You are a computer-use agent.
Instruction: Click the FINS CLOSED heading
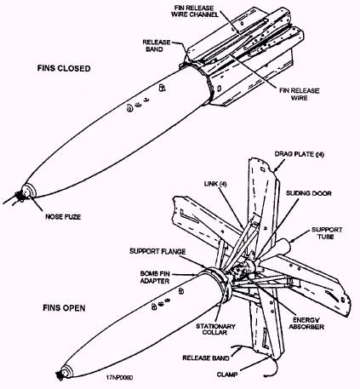(x=64, y=68)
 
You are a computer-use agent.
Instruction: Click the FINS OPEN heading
(x=64, y=308)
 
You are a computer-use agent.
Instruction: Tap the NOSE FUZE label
(x=63, y=217)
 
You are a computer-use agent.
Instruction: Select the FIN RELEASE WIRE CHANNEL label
(x=195, y=11)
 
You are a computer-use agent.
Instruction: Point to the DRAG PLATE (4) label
(x=299, y=154)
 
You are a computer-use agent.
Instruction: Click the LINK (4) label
(x=215, y=184)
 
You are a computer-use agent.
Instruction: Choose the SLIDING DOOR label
(x=308, y=193)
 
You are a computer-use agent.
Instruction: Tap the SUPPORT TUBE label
(x=327, y=233)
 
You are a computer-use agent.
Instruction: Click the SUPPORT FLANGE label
(x=157, y=251)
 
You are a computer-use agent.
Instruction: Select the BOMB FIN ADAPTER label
(x=155, y=277)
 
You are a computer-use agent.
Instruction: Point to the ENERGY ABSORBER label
(x=306, y=323)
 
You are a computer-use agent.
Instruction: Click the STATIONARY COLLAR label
(x=215, y=329)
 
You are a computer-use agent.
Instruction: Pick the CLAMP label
(x=227, y=375)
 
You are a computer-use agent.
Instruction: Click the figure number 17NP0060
(x=119, y=377)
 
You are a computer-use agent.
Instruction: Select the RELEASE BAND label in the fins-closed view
(x=157, y=46)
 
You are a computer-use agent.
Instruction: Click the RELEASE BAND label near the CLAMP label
(x=206, y=358)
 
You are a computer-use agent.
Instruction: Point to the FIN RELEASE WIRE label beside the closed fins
(x=300, y=94)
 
